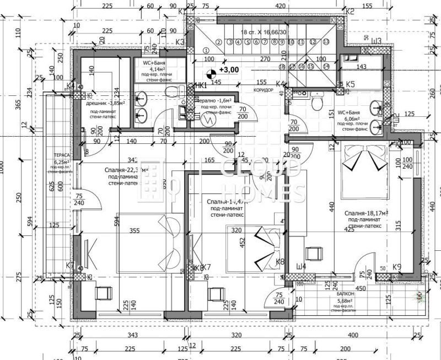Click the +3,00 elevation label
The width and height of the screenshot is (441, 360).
[229, 71]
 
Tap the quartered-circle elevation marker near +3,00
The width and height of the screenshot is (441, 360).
[210, 71]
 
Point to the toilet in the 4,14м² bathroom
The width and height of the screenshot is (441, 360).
[172, 90]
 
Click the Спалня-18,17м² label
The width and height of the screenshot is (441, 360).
[367, 212]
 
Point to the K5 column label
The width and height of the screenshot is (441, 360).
[350, 84]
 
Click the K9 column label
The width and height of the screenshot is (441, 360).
[397, 267]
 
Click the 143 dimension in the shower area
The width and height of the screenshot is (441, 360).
[362, 67]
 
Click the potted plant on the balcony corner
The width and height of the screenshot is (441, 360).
[421, 295]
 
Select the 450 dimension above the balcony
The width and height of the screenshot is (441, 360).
[361, 287]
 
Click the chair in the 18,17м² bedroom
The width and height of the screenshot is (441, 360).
[315, 254]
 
